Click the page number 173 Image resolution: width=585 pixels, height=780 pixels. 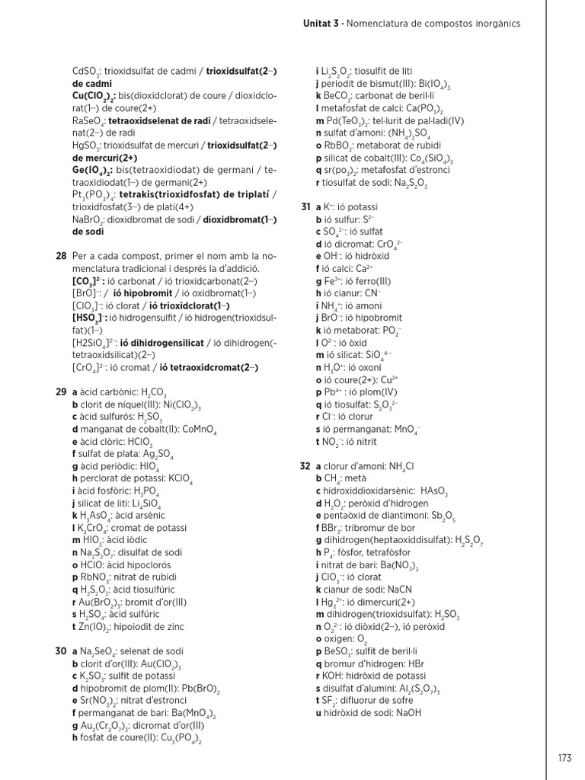(x=564, y=758)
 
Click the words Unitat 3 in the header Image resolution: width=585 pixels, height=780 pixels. (x=321, y=24)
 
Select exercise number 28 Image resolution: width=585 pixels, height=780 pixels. (x=61, y=256)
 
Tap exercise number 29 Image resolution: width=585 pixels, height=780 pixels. (x=61, y=392)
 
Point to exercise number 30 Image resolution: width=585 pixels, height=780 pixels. (x=61, y=652)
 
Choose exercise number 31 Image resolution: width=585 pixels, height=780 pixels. (x=305, y=207)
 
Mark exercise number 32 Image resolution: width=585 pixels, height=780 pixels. (x=305, y=465)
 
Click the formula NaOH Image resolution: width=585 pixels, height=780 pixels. (x=406, y=713)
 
